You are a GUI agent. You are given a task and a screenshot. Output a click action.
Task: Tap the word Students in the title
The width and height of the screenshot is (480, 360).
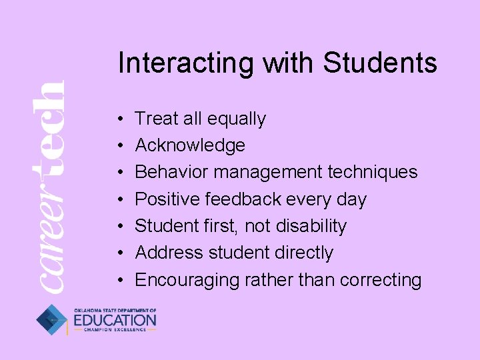(380, 63)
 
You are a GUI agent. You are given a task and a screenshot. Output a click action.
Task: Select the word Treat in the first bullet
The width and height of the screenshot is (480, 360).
(157, 119)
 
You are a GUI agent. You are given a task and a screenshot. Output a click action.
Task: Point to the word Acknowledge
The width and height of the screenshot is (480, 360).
(190, 146)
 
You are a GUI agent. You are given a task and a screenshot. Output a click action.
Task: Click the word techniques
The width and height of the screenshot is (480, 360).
(373, 173)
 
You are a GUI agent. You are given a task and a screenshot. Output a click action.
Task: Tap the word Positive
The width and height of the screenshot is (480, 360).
(167, 199)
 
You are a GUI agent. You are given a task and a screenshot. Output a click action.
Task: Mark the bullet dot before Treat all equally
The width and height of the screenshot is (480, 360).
(117, 119)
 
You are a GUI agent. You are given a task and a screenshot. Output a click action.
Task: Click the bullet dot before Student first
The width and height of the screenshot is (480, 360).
(117, 227)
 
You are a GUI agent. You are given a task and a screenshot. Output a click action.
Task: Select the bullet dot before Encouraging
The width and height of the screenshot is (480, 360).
(117, 280)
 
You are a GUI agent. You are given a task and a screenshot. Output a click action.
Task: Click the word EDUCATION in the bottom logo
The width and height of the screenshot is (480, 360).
(115, 321)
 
